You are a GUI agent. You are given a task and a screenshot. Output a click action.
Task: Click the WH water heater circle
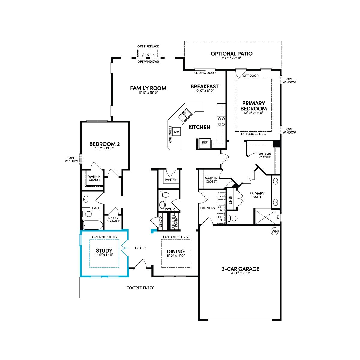point(274,232)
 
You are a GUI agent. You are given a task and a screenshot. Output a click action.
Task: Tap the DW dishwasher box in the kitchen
point(176,131)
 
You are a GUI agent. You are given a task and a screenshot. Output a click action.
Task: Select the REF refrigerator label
point(205,142)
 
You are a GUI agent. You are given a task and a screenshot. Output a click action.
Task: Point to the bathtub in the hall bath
point(93,225)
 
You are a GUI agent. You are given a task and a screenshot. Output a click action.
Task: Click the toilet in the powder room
point(164,195)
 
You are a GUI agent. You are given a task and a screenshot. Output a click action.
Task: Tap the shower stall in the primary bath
point(265,217)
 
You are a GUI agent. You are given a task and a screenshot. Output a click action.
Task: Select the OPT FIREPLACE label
point(148,46)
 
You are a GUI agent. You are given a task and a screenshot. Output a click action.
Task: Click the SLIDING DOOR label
point(205,73)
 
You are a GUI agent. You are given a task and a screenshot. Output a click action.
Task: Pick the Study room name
point(104,250)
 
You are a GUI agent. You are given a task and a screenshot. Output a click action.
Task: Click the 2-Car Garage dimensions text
point(240,273)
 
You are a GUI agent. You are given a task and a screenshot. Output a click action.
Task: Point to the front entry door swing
point(140,265)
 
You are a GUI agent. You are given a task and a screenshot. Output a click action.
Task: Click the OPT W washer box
point(221,208)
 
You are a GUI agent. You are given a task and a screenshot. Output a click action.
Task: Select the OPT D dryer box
point(221,219)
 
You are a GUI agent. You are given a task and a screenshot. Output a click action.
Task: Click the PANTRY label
point(171,179)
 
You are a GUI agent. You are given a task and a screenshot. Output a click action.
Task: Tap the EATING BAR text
point(170,134)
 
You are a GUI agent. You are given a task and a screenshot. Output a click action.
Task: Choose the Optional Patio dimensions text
point(232,58)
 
